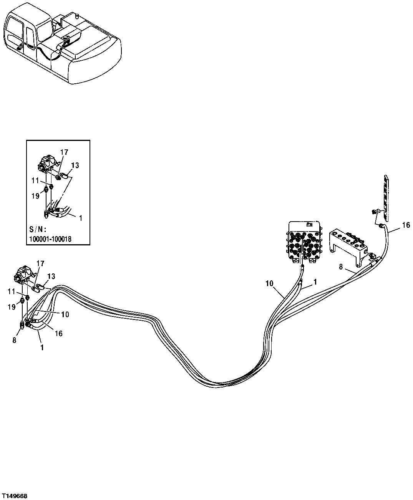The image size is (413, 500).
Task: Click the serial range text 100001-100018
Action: [50, 239]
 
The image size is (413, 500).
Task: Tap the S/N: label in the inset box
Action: [38, 230]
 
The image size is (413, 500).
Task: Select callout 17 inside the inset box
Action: [64, 152]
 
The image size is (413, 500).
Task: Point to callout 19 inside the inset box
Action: [35, 196]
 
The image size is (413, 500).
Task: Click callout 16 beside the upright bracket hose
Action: [406, 226]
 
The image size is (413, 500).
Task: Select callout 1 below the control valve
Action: [315, 282]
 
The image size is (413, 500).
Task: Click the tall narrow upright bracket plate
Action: [386, 197]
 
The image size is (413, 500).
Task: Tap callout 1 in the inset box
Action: [80, 218]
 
